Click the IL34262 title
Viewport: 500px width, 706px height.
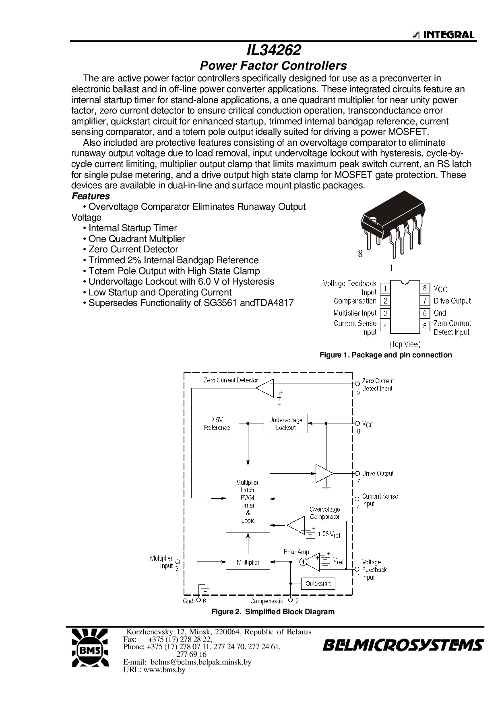point(273,50)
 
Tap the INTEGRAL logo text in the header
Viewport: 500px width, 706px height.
point(447,35)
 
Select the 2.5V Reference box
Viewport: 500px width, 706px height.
point(217,423)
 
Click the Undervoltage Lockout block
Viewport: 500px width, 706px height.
point(285,423)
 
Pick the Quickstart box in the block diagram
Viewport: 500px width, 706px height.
point(318,584)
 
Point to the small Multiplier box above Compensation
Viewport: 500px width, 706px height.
point(248,562)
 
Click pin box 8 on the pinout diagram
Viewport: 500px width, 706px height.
point(425,288)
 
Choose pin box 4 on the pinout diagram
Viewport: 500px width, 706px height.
point(385,326)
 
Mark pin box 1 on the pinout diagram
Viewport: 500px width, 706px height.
point(385,288)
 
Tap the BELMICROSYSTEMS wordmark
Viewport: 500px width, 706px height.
point(402,646)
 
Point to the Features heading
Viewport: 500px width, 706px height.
point(91,196)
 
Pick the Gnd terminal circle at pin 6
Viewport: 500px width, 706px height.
point(198,601)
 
